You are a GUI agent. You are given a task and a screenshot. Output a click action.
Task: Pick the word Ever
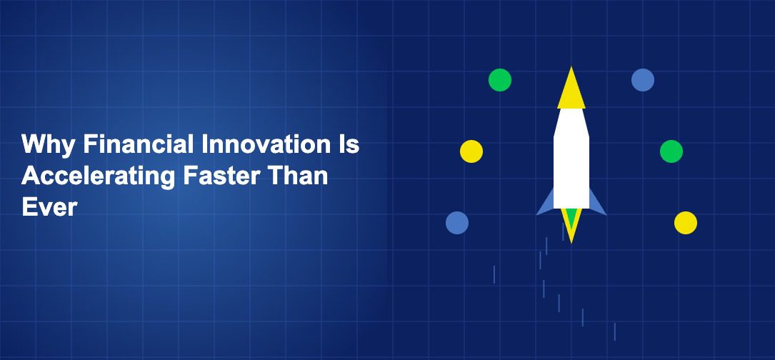click(49, 207)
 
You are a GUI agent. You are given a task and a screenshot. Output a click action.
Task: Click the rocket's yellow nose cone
click(571, 91)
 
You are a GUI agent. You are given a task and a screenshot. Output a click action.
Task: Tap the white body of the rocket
click(571, 159)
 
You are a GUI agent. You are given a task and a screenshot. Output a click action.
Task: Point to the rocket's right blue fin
click(597, 204)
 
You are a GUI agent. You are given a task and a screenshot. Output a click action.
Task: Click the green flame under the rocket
click(571, 218)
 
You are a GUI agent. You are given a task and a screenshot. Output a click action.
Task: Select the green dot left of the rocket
click(500, 79)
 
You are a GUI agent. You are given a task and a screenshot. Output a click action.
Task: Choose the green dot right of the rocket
click(671, 151)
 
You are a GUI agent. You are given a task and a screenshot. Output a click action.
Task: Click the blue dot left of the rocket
click(457, 223)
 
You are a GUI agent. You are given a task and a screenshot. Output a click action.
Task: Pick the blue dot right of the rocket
click(643, 79)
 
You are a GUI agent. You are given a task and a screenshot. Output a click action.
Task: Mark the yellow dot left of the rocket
click(471, 151)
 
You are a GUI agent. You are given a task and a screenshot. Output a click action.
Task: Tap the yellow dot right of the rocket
click(686, 223)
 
